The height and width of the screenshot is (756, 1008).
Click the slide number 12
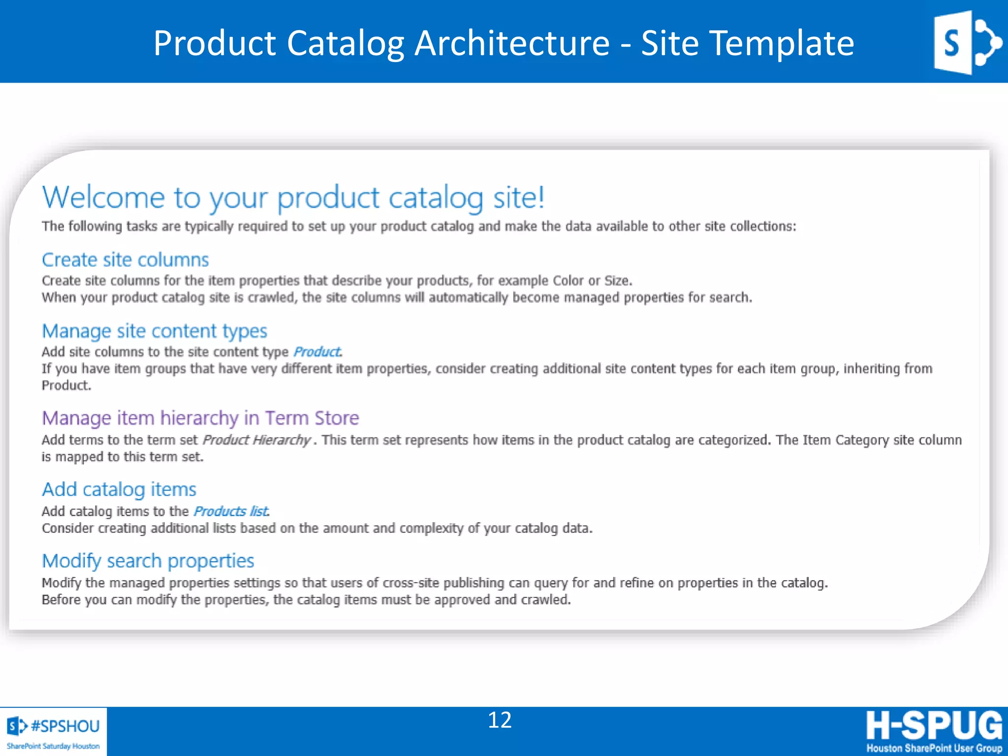tap(500, 720)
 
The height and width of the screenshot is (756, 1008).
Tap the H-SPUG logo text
tap(934, 725)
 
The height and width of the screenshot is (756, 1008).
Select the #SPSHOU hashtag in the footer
tap(65, 726)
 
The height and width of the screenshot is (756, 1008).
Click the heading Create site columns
tap(125, 260)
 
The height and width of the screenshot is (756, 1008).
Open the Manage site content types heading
tap(154, 331)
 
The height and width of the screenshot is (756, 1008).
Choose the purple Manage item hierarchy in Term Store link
tap(200, 418)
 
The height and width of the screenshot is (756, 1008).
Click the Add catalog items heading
tap(119, 489)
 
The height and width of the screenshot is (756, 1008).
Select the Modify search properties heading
tap(148, 561)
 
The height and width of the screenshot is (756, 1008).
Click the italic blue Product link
tap(317, 352)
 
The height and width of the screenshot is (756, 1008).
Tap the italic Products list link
tap(231, 511)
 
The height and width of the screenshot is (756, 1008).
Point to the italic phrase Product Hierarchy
tap(256, 440)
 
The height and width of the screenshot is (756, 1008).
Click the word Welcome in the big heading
tap(103, 198)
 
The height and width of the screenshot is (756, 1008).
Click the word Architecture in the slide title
tap(512, 43)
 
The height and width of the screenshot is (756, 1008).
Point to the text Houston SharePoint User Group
tap(934, 748)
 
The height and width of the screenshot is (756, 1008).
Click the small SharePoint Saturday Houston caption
tap(53, 746)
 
